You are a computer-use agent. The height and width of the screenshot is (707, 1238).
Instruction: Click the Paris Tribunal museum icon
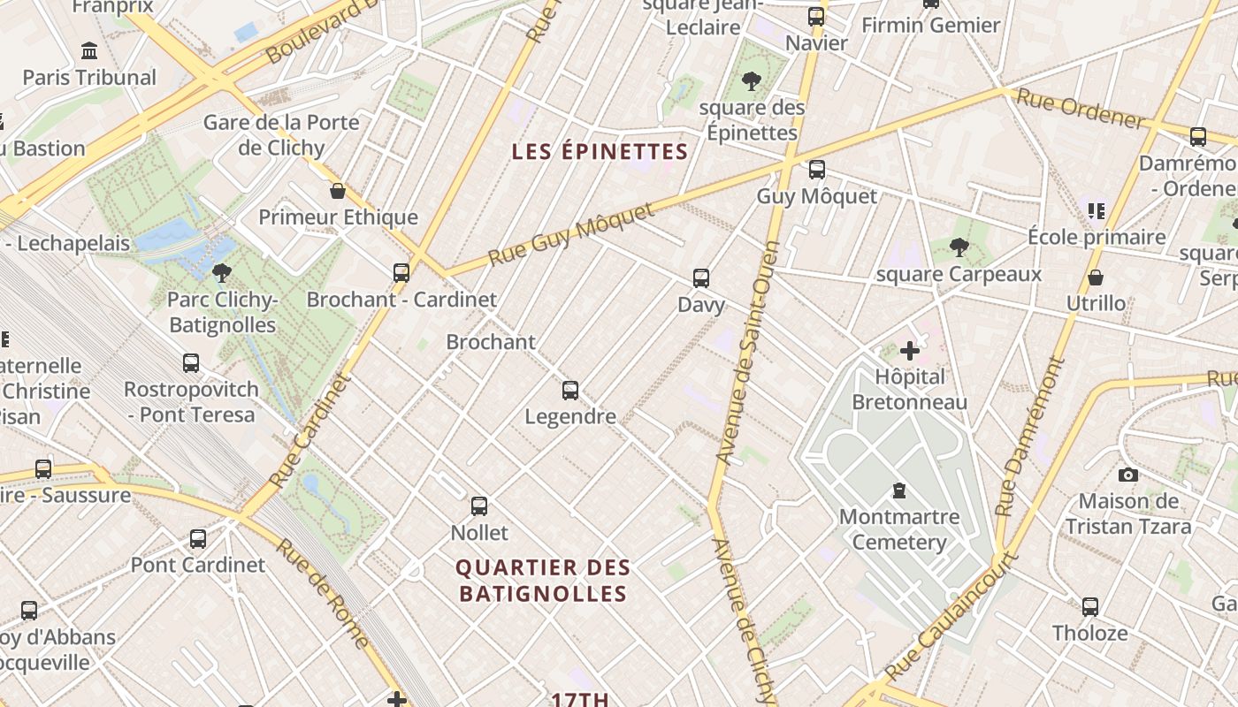(89, 50)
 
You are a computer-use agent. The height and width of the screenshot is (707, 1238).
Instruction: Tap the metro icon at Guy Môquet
(817, 169)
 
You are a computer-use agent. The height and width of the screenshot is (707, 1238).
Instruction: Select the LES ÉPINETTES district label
(600, 152)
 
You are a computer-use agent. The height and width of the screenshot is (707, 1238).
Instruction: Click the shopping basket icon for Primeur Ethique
(337, 190)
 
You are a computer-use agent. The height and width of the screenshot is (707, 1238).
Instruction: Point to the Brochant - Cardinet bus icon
(401, 272)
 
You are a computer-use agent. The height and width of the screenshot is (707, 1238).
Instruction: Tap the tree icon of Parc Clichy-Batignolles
(221, 272)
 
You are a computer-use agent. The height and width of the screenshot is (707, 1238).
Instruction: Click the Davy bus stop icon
(701, 277)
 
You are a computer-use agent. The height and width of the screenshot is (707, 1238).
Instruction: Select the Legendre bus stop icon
(570, 390)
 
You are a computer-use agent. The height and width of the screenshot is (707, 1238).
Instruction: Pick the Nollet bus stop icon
(479, 506)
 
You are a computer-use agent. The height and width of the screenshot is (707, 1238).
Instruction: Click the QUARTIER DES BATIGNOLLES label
(544, 580)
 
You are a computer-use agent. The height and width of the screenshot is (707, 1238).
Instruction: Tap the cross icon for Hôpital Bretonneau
(909, 351)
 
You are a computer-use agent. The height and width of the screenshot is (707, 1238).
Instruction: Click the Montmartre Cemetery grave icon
(899, 490)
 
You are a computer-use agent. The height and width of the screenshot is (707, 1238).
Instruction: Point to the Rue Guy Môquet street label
(571, 235)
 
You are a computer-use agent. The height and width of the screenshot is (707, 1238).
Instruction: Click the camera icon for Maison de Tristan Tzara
(1127, 475)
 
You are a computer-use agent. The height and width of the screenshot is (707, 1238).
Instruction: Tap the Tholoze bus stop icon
(1090, 606)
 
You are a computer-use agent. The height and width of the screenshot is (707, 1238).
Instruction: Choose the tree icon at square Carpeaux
(959, 247)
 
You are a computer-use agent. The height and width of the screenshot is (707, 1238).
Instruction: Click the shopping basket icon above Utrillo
(1096, 277)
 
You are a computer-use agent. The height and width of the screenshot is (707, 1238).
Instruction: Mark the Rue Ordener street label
(1081, 110)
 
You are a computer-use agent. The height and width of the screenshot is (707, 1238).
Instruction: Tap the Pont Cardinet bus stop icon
(198, 538)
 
